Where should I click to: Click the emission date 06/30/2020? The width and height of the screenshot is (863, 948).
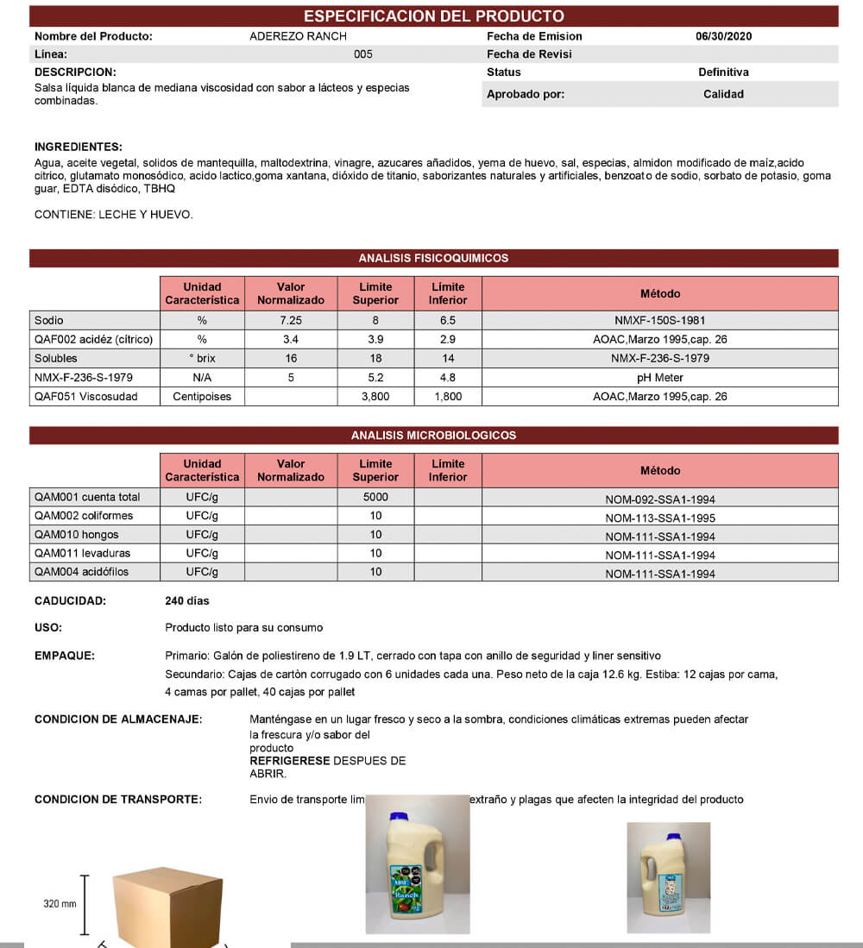tap(723, 36)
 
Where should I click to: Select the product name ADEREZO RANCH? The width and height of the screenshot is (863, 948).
tap(298, 36)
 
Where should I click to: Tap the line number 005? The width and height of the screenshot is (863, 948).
tap(363, 54)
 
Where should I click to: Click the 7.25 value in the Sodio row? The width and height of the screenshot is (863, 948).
tap(290, 320)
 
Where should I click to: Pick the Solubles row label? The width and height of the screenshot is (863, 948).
tap(56, 358)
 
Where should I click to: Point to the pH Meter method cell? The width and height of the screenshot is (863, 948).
tap(659, 377)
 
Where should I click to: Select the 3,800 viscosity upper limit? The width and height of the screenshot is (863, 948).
tap(375, 397)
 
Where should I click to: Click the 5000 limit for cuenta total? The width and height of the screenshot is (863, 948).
tap(375, 497)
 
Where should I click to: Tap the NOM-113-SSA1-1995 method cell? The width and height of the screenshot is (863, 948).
tap(659, 518)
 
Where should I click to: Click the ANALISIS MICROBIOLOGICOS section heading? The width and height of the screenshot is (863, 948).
tap(433, 436)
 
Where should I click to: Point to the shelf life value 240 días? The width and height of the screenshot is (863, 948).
tap(186, 600)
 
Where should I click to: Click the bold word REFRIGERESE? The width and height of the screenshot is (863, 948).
tap(289, 761)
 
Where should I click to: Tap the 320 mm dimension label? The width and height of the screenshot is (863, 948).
tap(60, 904)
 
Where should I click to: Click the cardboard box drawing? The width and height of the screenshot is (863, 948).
tap(167, 906)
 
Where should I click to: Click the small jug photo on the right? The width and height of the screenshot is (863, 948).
tap(668, 871)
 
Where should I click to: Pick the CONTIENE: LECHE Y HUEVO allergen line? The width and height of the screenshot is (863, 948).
tap(114, 215)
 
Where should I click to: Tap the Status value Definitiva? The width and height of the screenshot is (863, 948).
tap(723, 72)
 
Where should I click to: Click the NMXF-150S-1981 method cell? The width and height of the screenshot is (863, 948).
tap(659, 320)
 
